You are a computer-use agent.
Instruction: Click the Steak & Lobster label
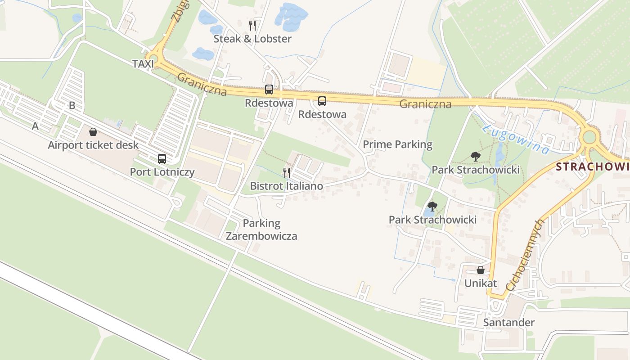(x=252, y=39)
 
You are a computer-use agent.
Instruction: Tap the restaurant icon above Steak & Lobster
(x=252, y=25)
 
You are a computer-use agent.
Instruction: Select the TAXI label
(x=143, y=64)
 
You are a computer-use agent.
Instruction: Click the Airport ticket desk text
(x=93, y=145)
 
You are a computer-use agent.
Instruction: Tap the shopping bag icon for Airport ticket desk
(x=93, y=132)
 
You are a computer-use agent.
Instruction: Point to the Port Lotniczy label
(x=162, y=172)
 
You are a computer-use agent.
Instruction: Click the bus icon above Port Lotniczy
(x=162, y=158)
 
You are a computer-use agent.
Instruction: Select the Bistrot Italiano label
(x=286, y=186)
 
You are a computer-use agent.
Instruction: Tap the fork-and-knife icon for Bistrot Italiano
(x=286, y=173)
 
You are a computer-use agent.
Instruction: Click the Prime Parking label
(x=397, y=144)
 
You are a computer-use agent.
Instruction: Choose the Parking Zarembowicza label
(x=261, y=229)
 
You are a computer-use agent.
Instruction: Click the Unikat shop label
(x=481, y=283)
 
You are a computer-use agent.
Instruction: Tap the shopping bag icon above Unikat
(x=481, y=270)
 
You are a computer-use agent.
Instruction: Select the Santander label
(x=508, y=322)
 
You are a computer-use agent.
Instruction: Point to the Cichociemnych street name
(x=525, y=255)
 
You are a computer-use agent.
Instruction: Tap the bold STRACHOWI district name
(x=592, y=167)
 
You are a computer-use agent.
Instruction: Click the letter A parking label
(x=35, y=126)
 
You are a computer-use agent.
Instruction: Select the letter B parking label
(x=72, y=106)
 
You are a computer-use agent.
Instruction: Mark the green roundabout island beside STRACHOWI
(x=589, y=136)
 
